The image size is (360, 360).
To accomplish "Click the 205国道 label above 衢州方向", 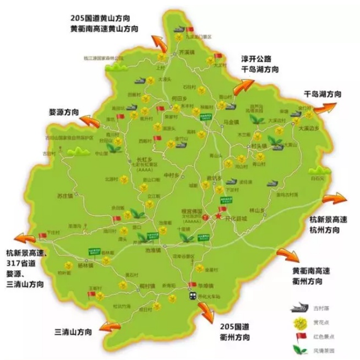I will click(x=235, y=326).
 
